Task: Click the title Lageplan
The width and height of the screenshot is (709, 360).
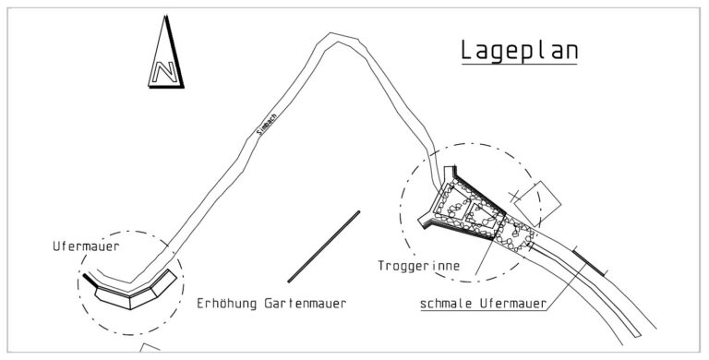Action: point(519,51)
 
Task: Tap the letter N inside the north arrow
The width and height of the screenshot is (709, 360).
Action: point(164,72)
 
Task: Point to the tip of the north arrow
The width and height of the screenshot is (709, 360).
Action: point(166,17)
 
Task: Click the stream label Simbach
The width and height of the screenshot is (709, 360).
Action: point(266,124)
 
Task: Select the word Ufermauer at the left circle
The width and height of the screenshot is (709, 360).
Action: point(86,246)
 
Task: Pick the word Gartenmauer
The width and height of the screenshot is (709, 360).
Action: point(306,303)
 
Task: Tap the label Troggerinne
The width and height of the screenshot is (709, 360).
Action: point(419,266)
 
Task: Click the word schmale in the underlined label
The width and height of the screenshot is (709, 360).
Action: point(446,304)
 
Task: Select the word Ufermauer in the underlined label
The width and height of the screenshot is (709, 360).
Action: point(512,304)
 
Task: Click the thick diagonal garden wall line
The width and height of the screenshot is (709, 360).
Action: point(324,246)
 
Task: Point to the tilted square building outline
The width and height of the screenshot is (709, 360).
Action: point(537,203)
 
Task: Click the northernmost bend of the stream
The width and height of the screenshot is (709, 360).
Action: point(332,36)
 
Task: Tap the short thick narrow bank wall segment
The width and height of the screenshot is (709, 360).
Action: point(589,261)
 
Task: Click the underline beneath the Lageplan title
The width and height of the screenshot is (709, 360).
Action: point(519,65)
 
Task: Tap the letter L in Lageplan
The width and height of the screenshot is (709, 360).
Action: point(467,51)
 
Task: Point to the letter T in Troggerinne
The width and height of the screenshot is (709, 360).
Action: point(382,266)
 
